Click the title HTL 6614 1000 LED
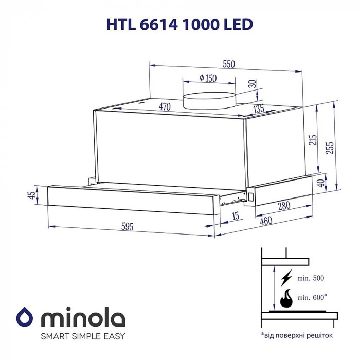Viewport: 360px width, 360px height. point(180,24)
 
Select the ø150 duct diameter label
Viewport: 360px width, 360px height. point(208,78)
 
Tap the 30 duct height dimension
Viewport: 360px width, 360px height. point(251,85)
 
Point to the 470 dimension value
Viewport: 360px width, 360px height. point(165,107)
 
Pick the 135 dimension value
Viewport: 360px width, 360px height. point(258,109)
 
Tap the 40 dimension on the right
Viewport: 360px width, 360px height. point(321,183)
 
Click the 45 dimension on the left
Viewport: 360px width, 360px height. point(32,195)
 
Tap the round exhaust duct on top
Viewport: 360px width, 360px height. point(209,98)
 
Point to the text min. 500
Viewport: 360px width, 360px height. point(311,278)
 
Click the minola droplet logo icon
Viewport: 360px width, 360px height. point(25,316)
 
